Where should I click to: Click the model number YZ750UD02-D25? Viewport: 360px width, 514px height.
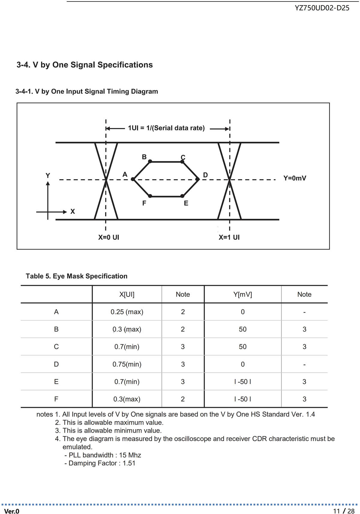[x=322, y=8]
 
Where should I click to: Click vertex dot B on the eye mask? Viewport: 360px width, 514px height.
[x=150, y=162]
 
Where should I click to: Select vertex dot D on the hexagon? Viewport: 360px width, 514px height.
[x=197, y=179]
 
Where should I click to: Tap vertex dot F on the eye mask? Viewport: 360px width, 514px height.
[x=150, y=196]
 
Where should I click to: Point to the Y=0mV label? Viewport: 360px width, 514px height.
[x=295, y=178]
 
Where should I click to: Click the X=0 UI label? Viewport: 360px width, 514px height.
[x=109, y=237]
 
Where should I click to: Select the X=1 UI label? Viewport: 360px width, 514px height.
[x=229, y=237]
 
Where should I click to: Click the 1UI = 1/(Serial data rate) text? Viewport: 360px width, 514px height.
[x=166, y=128]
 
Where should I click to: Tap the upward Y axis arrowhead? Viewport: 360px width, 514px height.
[x=48, y=183]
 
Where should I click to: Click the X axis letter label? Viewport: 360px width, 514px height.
[x=73, y=212]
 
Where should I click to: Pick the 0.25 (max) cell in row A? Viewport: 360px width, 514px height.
[x=127, y=312]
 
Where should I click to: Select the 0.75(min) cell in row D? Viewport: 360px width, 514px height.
[x=127, y=364]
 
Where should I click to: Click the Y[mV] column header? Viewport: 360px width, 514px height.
[x=243, y=295]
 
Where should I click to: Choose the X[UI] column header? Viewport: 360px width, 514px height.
[x=127, y=295]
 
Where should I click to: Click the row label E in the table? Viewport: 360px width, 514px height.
[x=56, y=382]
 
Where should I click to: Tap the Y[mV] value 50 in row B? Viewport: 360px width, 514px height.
[x=243, y=329]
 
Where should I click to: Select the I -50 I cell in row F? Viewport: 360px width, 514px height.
[x=243, y=399]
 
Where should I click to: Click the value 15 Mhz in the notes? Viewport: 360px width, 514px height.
[x=130, y=455]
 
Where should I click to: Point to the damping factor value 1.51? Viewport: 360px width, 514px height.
[x=129, y=463]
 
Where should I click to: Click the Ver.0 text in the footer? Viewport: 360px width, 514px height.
[x=12, y=511]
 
